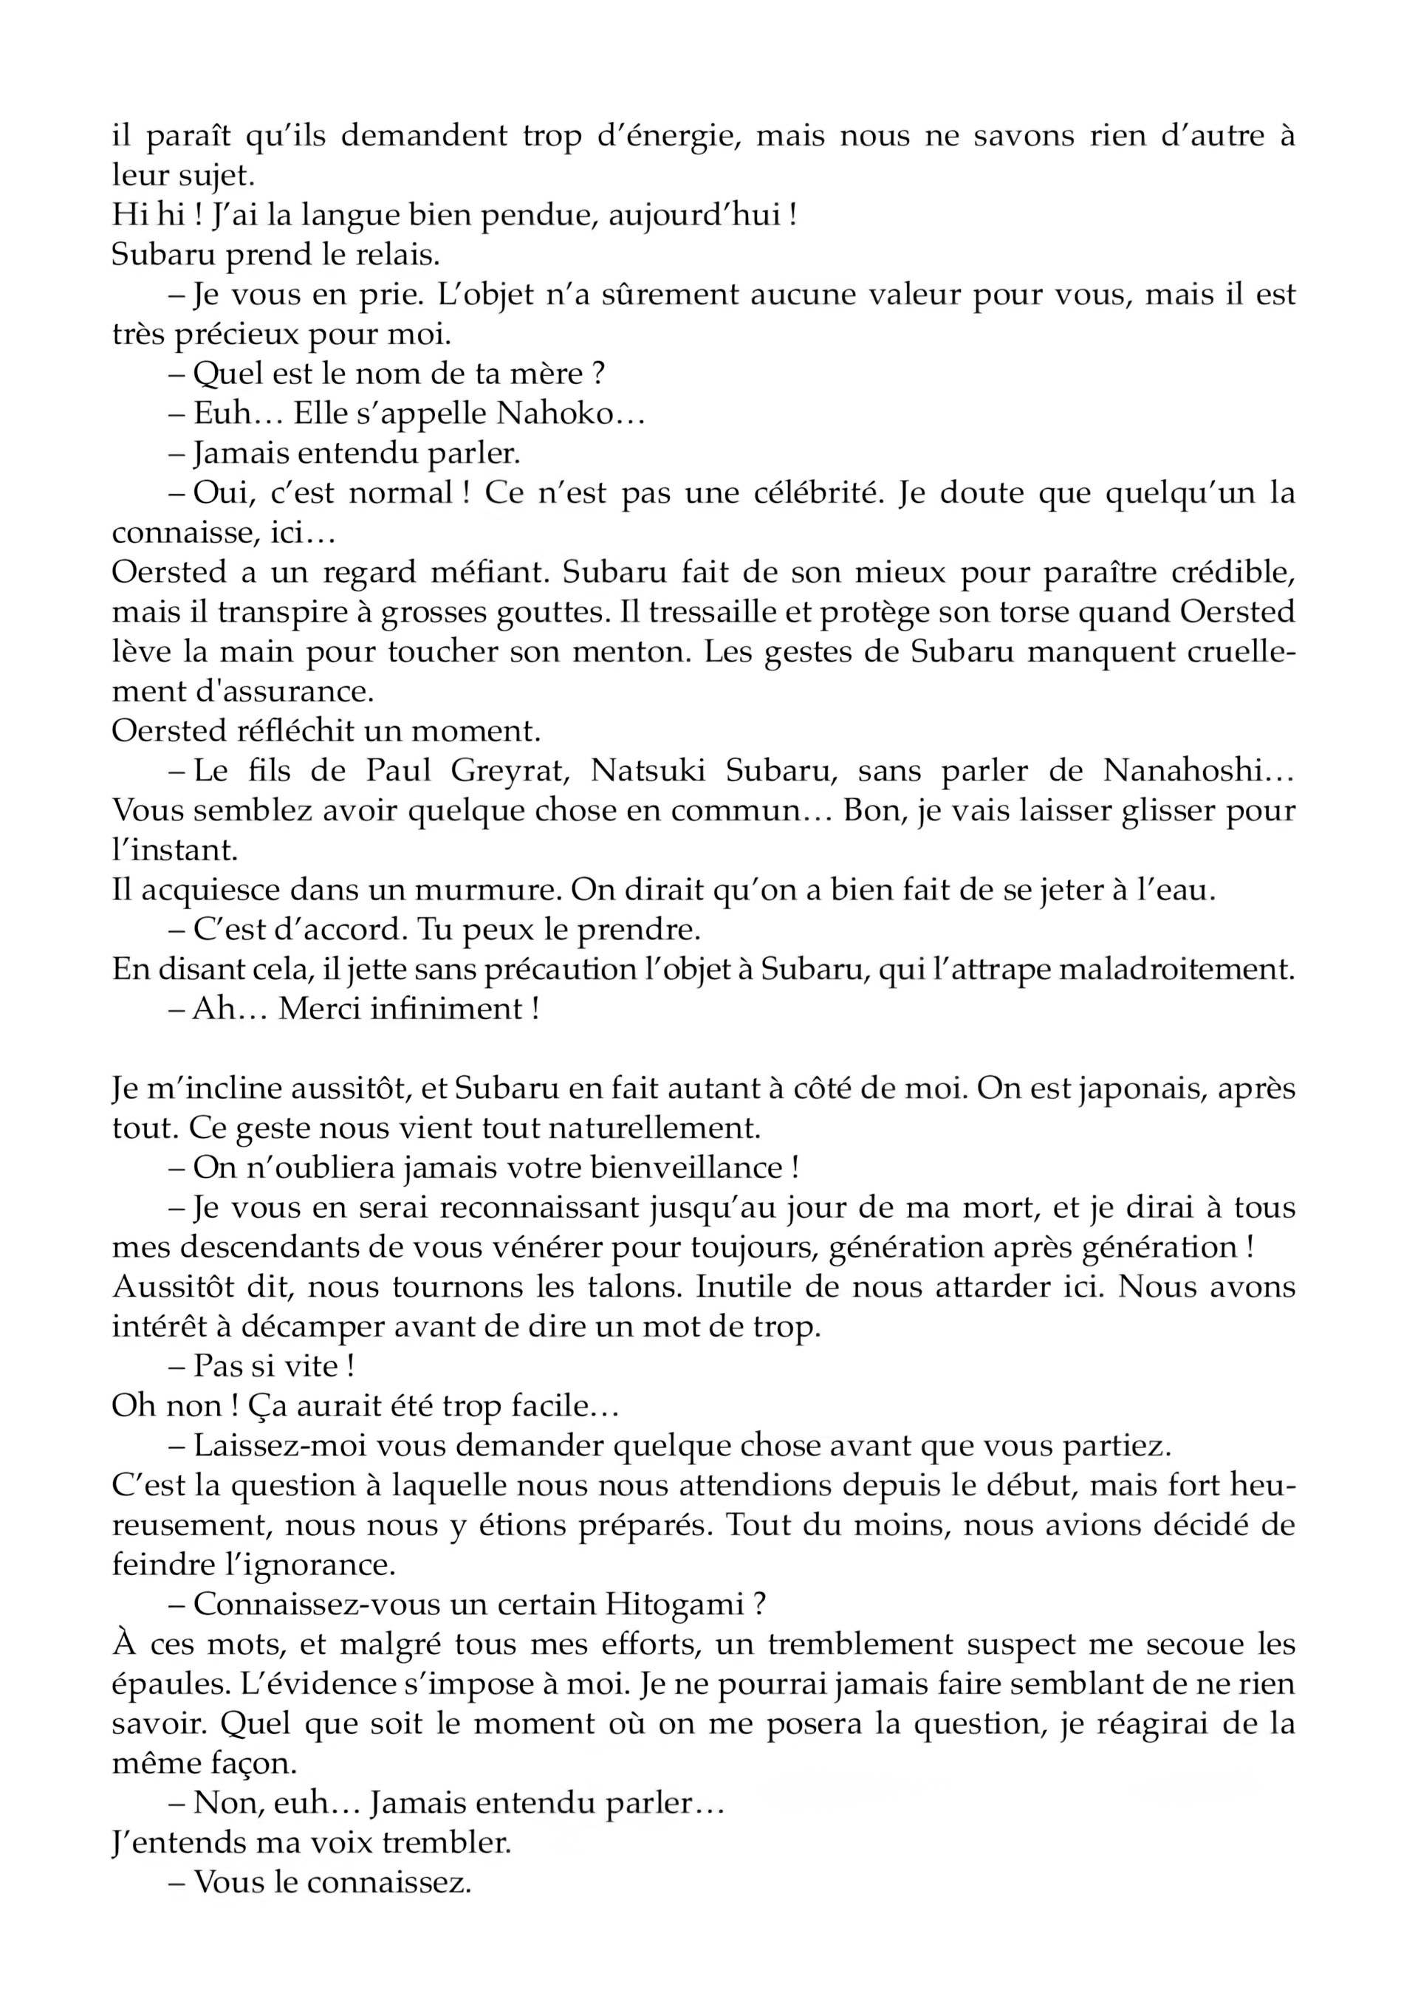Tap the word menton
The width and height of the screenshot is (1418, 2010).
pos(635,651)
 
